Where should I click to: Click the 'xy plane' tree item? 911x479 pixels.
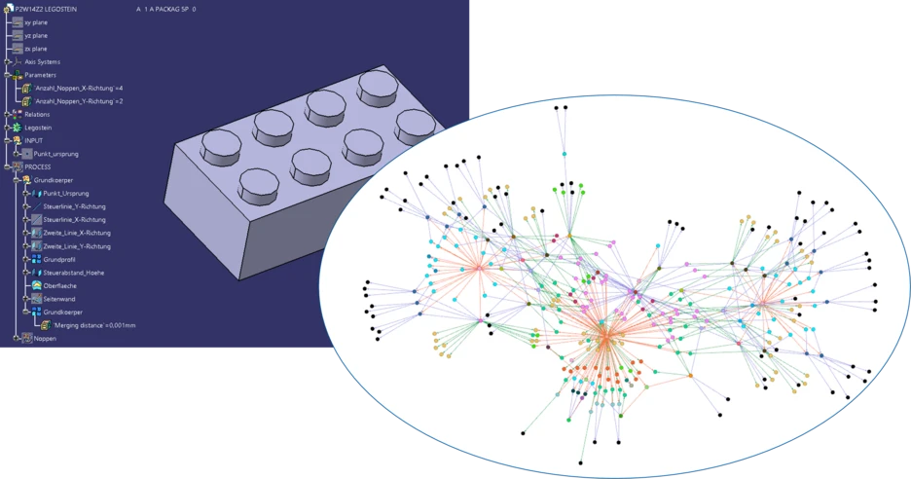coord(34,20)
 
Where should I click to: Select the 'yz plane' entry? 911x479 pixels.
coord(35,35)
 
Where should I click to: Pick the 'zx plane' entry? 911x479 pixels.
coord(35,48)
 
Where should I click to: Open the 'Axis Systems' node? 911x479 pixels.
coord(42,61)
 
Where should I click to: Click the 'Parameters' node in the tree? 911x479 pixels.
coord(40,75)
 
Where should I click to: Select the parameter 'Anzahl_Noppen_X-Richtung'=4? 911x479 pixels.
coord(79,88)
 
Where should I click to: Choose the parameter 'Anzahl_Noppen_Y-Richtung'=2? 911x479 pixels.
coord(79,101)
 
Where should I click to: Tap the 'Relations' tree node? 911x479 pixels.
coord(37,114)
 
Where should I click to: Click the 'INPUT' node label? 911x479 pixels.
coord(33,140)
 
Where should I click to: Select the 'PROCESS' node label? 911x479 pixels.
coord(37,166)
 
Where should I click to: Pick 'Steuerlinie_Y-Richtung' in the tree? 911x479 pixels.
coord(74,206)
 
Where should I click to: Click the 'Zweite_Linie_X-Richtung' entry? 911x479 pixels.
coord(77,233)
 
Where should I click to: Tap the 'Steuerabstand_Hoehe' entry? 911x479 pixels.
coord(74,273)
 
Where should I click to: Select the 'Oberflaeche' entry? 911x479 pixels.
coord(60,285)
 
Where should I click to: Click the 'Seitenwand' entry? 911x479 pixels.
coord(59,298)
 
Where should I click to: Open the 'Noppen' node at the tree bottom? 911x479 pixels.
coord(45,338)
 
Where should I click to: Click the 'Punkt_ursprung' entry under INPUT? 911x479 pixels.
coord(57,154)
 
